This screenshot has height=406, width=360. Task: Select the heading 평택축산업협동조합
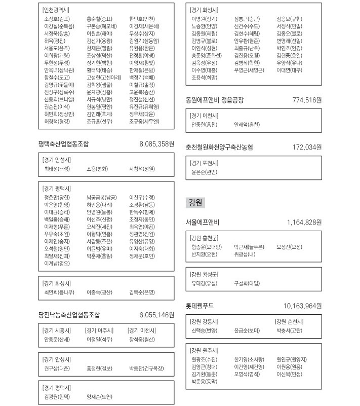click(63, 144)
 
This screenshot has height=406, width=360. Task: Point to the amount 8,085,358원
click(156, 144)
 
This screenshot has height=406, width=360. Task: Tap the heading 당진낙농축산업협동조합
click(69, 315)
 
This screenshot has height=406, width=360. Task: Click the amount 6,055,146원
click(156, 315)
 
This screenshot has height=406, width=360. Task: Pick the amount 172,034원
click(307, 147)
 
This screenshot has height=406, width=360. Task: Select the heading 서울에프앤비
click(203, 222)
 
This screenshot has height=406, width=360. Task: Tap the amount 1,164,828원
click(304, 222)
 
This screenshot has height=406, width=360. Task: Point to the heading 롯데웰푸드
click(200, 306)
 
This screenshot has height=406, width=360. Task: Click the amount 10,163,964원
click(302, 306)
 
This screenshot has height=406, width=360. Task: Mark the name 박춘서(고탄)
click(290, 330)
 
